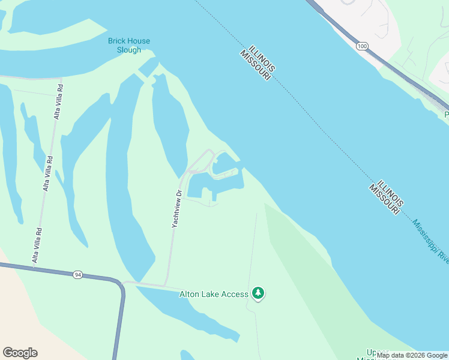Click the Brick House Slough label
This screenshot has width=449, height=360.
pos(129,46)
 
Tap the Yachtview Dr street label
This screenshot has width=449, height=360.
pos(176,208)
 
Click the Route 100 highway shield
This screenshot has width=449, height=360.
pos(361,46)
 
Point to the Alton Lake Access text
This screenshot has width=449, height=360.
pos(214,294)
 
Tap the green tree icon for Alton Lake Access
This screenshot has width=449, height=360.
pos(258,293)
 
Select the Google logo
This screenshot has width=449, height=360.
pos(20,353)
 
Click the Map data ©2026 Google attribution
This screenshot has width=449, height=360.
pos(412,355)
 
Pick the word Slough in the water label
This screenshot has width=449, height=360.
pos(129,50)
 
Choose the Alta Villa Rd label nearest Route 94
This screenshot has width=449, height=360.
pos(37,245)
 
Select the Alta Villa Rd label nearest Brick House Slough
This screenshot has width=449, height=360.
pos(58,101)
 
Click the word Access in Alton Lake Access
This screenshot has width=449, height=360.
pos(235,294)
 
